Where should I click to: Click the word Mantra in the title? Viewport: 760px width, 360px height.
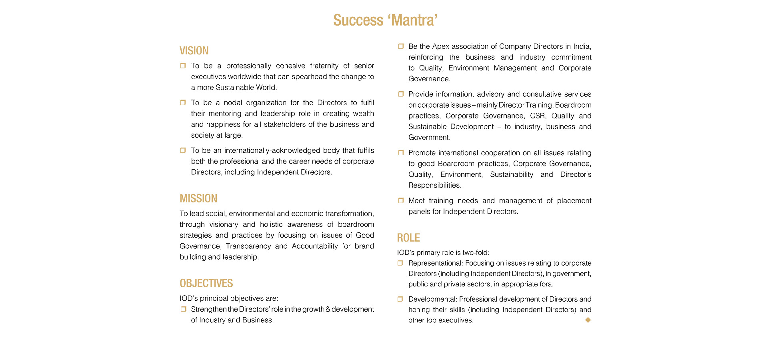click(x=414, y=20)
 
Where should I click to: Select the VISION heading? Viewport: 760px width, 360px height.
click(x=194, y=51)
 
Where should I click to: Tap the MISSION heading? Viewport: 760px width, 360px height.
click(x=198, y=198)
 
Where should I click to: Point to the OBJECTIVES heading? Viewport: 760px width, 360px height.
click(x=206, y=283)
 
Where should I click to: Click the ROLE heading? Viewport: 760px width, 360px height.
click(x=408, y=238)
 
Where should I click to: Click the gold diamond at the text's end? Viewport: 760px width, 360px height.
click(x=588, y=320)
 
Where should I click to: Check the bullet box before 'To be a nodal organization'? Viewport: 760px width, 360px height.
click(x=183, y=103)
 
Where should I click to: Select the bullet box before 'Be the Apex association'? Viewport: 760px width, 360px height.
click(x=400, y=46)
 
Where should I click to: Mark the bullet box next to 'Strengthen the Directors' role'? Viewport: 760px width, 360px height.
click(x=183, y=309)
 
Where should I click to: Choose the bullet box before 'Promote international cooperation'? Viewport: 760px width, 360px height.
click(x=400, y=153)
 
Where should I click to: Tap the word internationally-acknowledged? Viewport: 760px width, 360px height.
click(x=272, y=150)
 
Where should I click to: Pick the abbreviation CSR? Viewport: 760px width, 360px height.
click(x=537, y=116)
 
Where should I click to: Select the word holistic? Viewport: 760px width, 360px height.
click(x=271, y=224)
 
